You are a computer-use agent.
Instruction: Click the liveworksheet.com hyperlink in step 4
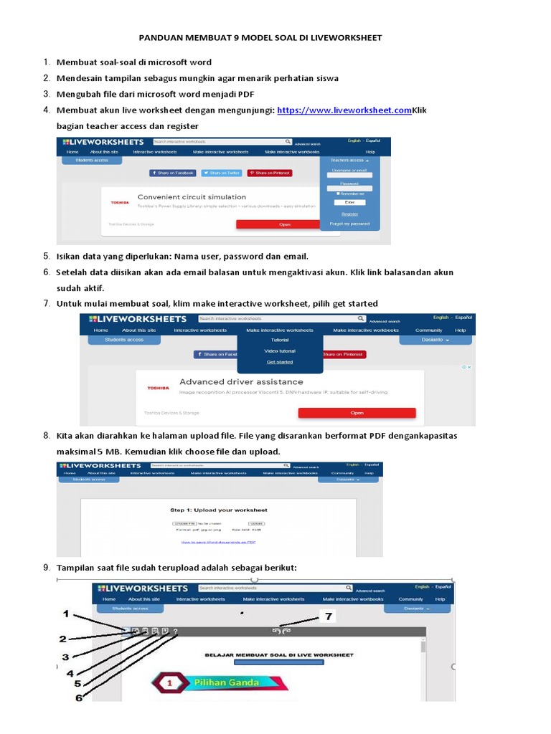344,110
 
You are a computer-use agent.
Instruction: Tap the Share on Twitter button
221,173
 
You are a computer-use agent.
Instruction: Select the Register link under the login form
349,214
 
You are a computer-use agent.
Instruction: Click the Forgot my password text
349,224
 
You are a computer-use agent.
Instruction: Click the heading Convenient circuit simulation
192,196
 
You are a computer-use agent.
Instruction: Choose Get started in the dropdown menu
279,362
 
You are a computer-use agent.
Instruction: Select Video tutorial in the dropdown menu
279,351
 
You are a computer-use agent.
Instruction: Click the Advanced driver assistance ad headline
241,382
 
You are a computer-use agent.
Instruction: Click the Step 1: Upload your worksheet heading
218,510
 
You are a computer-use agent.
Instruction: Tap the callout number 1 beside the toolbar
66,614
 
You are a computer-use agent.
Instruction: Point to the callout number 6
78,696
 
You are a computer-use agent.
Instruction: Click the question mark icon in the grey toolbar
176,631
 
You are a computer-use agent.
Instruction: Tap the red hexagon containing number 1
170,684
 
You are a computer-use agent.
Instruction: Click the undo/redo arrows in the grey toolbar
281,631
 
